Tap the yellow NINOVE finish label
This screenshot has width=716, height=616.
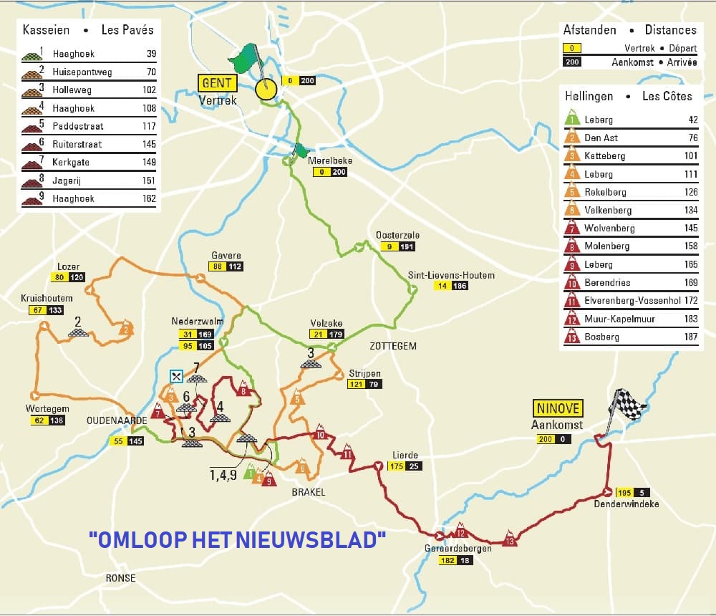coord(558,409)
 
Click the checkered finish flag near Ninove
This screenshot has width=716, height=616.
coord(628,406)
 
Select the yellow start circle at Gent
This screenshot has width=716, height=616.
coord(265,90)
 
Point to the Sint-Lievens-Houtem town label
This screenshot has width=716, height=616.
coord(451,275)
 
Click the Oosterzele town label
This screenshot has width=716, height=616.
coord(397,235)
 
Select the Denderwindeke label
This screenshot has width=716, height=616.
coord(626,504)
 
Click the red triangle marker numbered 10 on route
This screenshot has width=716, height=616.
coord(320,434)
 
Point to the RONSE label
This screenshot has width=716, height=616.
coord(120,578)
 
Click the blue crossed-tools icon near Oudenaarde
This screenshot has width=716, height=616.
coord(175,376)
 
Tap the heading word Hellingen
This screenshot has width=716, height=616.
coord(589,95)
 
